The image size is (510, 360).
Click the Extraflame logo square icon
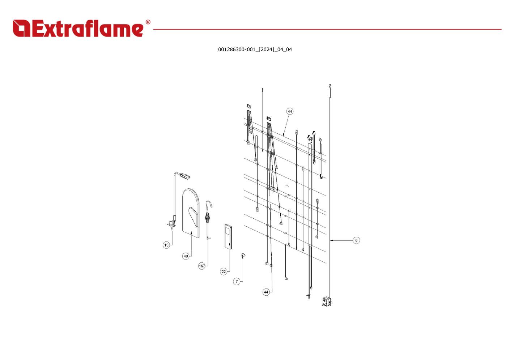click(x=21, y=28)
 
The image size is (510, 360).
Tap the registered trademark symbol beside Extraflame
click(x=148, y=22)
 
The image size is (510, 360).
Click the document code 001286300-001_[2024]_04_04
click(x=255, y=50)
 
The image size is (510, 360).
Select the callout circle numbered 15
click(x=166, y=245)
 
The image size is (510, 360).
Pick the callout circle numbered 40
click(x=186, y=256)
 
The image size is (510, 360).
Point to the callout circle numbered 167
click(x=202, y=266)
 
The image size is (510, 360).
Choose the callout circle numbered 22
click(x=224, y=272)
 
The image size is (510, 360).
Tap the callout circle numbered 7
click(x=237, y=282)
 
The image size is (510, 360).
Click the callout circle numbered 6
click(x=356, y=240)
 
